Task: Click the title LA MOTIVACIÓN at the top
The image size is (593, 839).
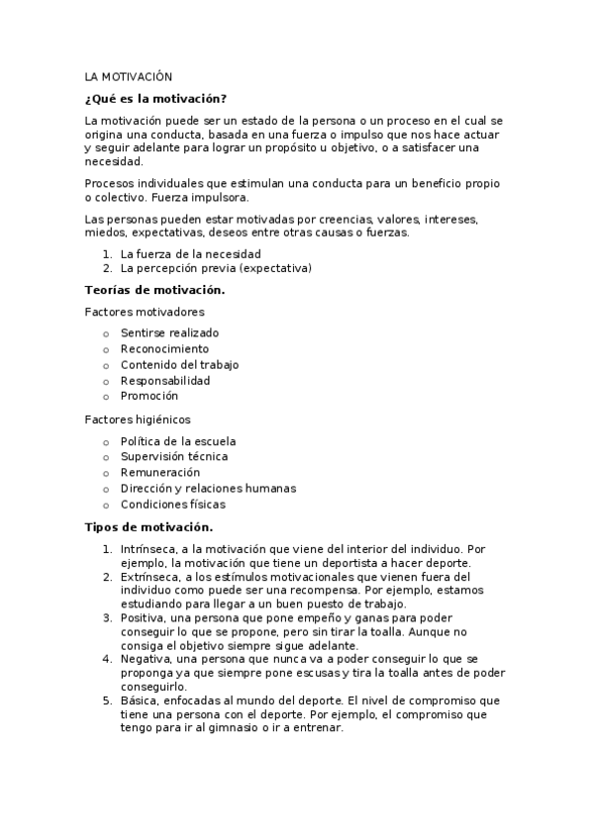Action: [129, 76]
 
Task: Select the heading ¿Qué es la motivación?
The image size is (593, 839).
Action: [155, 98]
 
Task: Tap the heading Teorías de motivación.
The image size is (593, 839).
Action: [154, 290]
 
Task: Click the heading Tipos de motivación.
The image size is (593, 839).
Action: [148, 527]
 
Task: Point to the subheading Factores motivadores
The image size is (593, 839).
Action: [145, 312]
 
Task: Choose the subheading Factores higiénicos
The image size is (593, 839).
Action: [138, 419]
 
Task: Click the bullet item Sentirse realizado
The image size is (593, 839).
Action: [169, 333]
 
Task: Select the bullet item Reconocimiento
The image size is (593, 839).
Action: [164, 349]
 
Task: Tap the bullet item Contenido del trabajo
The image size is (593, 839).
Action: [179, 365]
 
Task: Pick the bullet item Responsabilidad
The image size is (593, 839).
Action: [165, 381]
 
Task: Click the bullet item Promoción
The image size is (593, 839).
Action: [149, 397]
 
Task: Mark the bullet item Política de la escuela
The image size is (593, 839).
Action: [178, 441]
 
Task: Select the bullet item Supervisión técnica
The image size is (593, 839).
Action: [173, 457]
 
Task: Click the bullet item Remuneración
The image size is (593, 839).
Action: [159, 473]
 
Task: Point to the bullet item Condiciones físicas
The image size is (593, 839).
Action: [172, 505]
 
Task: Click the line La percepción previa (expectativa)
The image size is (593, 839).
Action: [216, 268]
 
